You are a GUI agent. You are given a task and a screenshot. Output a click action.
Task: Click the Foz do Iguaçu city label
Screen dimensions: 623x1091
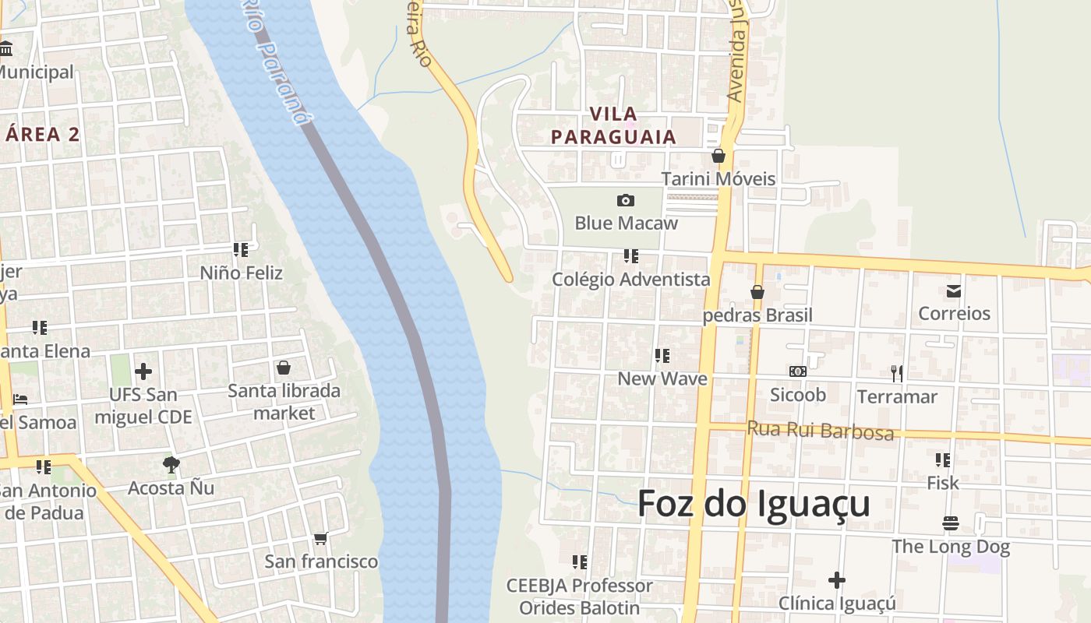[x=754, y=504]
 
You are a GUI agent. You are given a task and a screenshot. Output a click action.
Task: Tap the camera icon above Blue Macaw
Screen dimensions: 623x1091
[x=625, y=201]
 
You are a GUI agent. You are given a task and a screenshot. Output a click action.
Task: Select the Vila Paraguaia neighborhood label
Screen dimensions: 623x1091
[x=613, y=125]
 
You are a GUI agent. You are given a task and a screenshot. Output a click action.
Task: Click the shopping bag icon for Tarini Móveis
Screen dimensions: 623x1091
[x=719, y=157]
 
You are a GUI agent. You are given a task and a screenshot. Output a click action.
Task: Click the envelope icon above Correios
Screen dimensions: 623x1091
[x=954, y=291]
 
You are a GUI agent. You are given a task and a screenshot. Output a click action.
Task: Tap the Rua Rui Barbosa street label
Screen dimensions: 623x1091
[x=820, y=430]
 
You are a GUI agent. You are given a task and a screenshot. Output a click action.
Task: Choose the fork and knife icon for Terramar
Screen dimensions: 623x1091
[x=897, y=374]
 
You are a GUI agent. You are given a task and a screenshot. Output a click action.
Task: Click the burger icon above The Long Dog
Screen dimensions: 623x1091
[x=950, y=523]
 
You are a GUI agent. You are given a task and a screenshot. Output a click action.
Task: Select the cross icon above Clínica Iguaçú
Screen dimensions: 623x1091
[x=837, y=580]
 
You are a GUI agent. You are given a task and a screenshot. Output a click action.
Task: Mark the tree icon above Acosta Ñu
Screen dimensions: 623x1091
[x=171, y=466]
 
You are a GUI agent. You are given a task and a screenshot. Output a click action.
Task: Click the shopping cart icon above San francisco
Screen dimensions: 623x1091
[x=320, y=539]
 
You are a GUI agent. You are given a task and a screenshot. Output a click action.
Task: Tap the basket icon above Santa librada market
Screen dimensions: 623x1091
[x=284, y=368]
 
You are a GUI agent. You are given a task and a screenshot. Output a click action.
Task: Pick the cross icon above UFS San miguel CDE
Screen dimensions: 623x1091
[x=143, y=372]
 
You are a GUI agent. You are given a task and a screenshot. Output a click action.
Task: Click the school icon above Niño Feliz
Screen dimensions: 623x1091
[x=241, y=250]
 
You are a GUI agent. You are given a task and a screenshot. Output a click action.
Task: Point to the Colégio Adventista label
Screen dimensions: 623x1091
[x=631, y=279]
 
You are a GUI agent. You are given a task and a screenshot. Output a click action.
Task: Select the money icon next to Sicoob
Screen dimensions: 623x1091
[x=797, y=372]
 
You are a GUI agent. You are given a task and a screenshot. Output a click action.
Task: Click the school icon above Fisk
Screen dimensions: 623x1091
[x=943, y=460]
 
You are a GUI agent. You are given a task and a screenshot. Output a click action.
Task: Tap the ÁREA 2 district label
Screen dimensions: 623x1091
[x=42, y=134]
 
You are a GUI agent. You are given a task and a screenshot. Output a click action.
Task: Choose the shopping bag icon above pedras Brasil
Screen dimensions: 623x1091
[x=757, y=293]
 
